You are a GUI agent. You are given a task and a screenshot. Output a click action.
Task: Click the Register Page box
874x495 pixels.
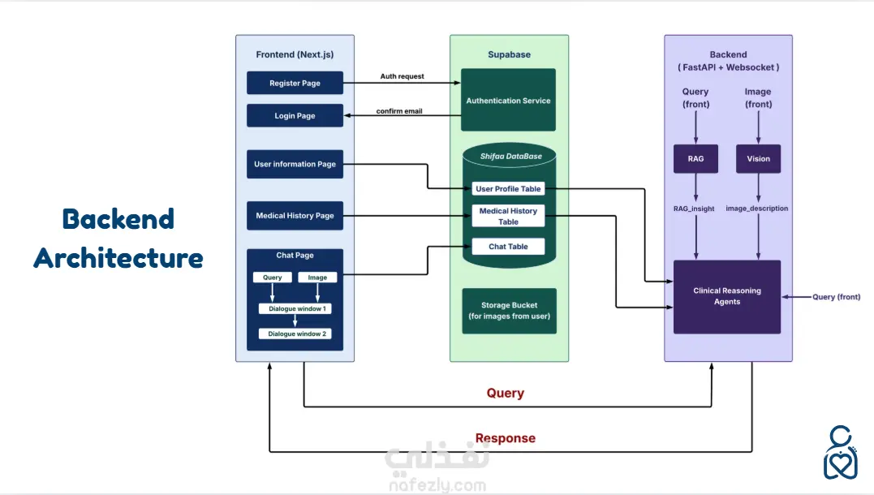tap(295, 84)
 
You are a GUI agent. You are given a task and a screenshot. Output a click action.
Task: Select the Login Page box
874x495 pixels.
tap(295, 116)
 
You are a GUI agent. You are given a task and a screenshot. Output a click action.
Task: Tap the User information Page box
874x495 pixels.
tap(295, 164)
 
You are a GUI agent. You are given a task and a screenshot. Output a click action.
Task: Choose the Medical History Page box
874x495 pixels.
tap(295, 216)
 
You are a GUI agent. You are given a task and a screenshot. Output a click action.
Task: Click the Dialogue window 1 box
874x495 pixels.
tap(295, 309)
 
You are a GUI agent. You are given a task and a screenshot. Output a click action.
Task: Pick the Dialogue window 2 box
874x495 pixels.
tap(295, 334)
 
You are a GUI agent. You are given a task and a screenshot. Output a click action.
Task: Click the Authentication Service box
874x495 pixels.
tap(508, 101)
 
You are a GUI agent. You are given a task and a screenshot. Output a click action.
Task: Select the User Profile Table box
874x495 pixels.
tap(508, 189)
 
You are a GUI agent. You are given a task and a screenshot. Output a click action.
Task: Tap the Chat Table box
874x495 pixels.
tap(508, 247)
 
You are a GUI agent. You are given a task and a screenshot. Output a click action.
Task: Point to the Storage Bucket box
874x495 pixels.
tap(509, 311)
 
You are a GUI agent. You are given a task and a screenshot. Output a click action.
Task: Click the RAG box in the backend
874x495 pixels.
tap(695, 159)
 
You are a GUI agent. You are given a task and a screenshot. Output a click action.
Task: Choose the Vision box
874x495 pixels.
tap(758, 159)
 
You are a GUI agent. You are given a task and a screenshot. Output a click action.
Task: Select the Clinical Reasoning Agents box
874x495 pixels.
tap(727, 296)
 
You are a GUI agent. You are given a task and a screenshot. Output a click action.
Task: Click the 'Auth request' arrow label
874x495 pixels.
tap(403, 77)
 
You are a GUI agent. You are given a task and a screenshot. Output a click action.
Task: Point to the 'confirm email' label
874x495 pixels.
tap(399, 111)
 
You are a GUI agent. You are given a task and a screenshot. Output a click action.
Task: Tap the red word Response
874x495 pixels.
tap(505, 438)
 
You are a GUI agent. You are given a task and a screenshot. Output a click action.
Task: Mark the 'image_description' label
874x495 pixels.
tap(757, 209)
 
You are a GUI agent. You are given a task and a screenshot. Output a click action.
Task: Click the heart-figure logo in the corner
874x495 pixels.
tap(842, 451)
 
